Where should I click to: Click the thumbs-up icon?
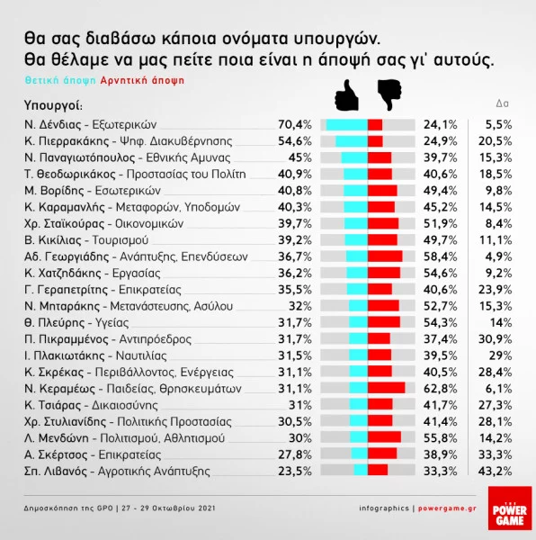[346, 93]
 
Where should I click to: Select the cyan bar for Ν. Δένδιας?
[346, 125]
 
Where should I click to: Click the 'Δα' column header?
[504, 103]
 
